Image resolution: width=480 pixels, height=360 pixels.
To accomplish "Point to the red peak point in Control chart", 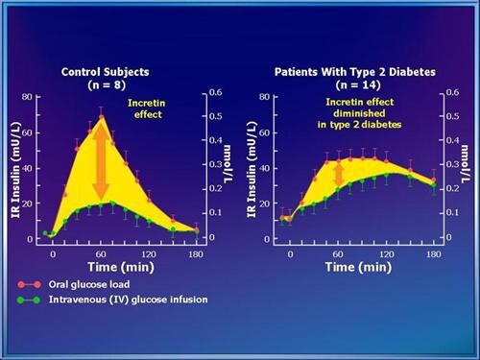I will (x=101, y=119).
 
